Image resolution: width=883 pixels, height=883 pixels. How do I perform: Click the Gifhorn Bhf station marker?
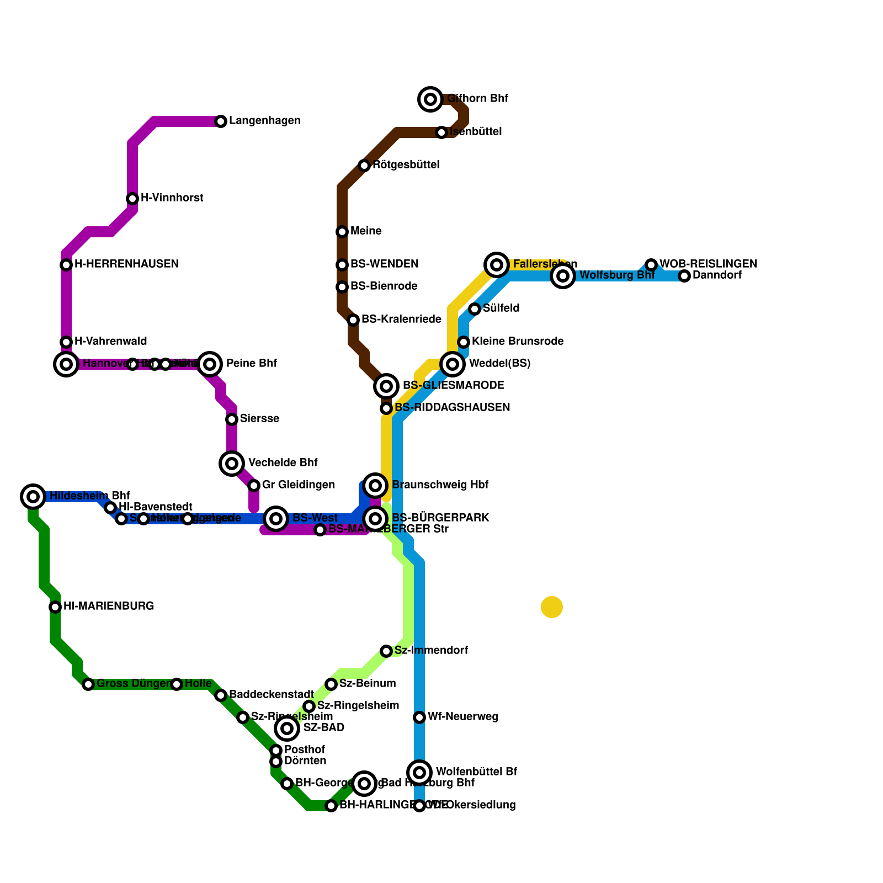(x=430, y=99)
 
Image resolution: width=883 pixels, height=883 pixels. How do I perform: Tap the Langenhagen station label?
(x=264, y=121)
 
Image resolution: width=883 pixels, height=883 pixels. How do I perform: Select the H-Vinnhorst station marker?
(x=132, y=199)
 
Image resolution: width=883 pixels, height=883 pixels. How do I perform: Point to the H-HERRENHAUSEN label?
(x=126, y=264)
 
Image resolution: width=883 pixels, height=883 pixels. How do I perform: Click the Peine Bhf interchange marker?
(x=210, y=364)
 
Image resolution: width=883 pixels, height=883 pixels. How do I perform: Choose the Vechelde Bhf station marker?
(x=232, y=464)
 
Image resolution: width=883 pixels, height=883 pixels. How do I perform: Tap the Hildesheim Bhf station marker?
(x=33, y=497)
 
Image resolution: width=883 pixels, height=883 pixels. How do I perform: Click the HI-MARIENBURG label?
(x=108, y=607)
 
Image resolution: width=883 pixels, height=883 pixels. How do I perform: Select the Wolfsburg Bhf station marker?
(x=563, y=276)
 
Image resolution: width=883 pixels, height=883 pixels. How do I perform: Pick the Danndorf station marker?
(x=684, y=276)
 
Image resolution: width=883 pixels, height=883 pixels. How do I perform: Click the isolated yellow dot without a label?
(x=552, y=607)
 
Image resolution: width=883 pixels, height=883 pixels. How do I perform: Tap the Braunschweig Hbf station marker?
(x=375, y=486)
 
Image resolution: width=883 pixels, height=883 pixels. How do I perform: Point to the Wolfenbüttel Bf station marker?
(x=419, y=772)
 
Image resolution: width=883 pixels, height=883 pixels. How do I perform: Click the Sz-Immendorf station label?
(x=431, y=651)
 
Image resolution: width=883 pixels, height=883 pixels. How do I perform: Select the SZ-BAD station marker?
(x=287, y=728)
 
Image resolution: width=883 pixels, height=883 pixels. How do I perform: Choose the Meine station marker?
(x=342, y=232)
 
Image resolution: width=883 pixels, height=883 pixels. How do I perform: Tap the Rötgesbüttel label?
(x=406, y=165)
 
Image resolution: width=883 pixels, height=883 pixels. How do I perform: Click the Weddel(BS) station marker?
(x=453, y=364)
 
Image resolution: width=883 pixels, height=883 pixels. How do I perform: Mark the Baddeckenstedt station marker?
(x=221, y=695)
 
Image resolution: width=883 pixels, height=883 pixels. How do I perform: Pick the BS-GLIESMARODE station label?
(x=453, y=385)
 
